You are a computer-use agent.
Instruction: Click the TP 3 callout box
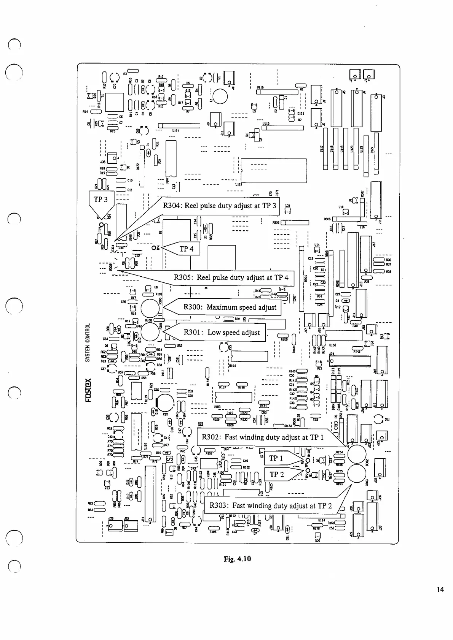pos(101,200)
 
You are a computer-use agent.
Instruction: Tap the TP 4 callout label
pos(187,249)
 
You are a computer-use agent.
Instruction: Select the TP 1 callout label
pos(276,458)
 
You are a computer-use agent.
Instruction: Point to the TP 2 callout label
pos(277,474)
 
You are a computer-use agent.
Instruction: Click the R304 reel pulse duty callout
pos(220,206)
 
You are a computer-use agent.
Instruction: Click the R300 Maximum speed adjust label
pos(230,307)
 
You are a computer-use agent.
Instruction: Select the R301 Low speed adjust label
pos(222,333)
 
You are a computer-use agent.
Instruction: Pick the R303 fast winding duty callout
pos(271,506)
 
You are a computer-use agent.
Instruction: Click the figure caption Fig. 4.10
pos(237,559)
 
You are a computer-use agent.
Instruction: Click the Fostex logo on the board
pos(88,390)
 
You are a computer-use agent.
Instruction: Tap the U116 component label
pos(260,87)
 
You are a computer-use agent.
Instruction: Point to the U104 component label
pos(233,366)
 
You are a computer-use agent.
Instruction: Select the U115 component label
pos(266,124)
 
